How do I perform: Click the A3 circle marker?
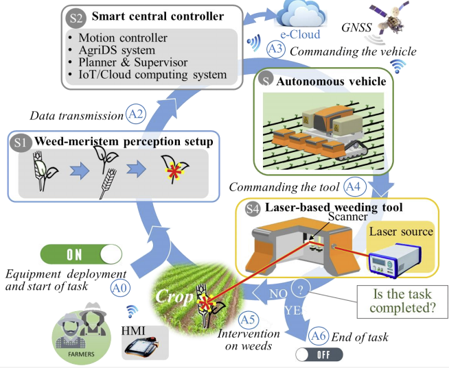coord(275,49)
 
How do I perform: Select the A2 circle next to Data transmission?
coord(136,114)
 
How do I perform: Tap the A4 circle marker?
coord(352,186)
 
